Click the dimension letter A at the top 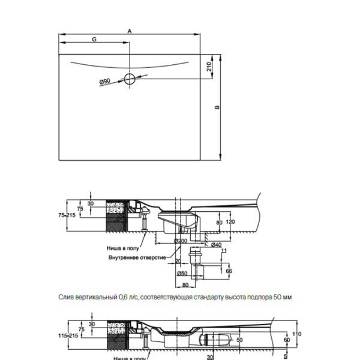(130, 30)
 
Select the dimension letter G (94, 40)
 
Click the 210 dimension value (209, 66)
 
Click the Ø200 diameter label (181, 241)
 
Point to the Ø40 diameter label (217, 245)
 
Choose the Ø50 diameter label (182, 274)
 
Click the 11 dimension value (223, 251)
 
